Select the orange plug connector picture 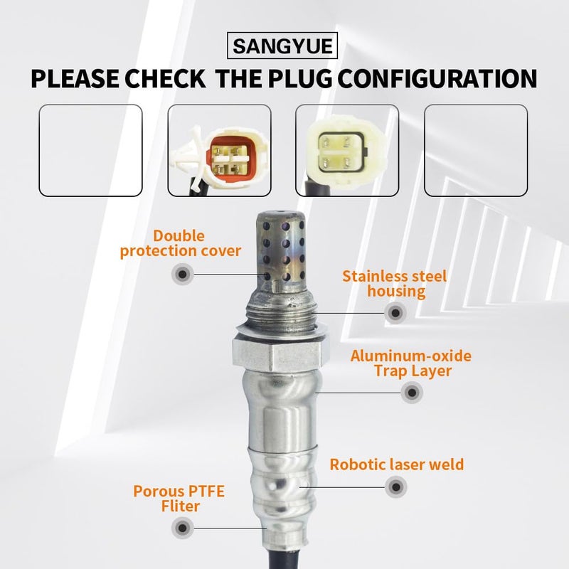219,150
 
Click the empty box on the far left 90,150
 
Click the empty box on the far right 476,150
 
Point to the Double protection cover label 180,243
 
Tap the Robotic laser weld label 396,465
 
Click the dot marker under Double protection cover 183,274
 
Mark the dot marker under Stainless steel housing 395,312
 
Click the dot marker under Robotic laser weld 395,487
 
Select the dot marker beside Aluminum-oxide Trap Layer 410,392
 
